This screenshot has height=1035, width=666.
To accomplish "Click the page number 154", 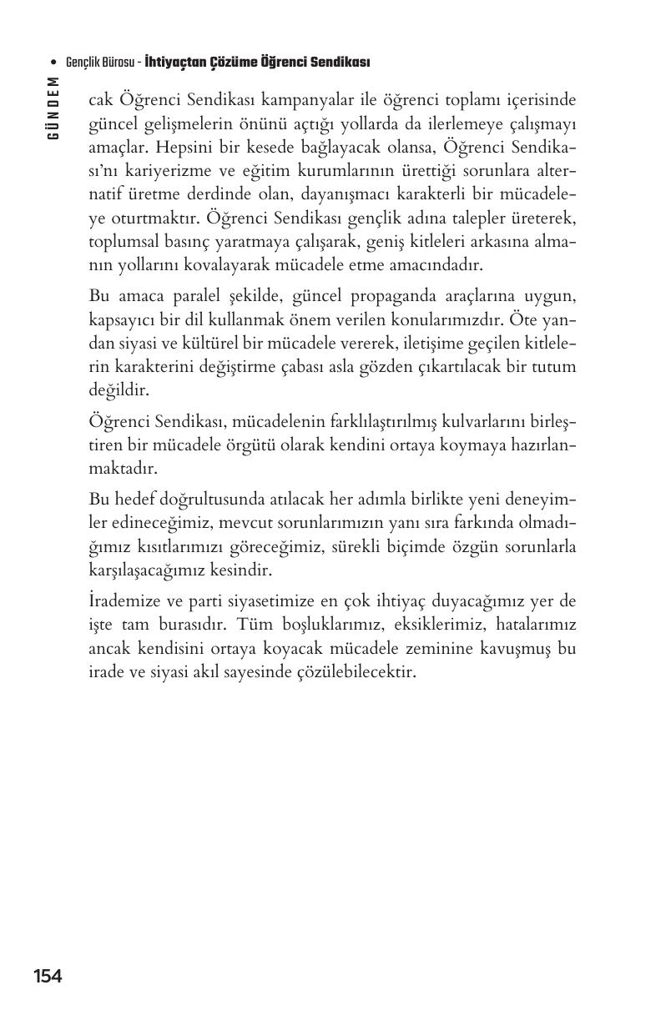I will pyautogui.click(x=48, y=976).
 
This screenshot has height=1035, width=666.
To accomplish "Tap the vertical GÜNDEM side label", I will pyautogui.click(x=53, y=108).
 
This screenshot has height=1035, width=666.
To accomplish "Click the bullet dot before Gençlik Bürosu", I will pyautogui.click(x=54, y=63).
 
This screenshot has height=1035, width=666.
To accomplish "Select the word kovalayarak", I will pyautogui.click(x=206, y=265).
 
